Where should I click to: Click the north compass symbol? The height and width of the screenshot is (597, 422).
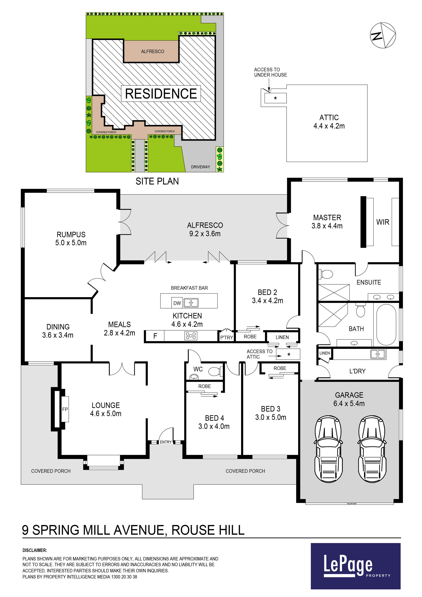pyautogui.click(x=383, y=35)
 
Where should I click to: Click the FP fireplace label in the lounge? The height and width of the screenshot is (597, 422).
pyautogui.click(x=65, y=409)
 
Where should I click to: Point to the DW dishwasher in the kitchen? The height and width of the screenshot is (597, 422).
pyautogui.click(x=177, y=303)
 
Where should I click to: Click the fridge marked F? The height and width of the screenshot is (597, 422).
pyautogui.click(x=155, y=336)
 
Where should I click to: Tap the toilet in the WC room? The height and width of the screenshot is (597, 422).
pyautogui.click(x=215, y=371)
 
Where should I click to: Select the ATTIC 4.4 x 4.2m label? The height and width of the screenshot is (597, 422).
pyautogui.click(x=329, y=122)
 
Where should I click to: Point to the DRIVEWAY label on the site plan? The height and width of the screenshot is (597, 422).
pyautogui.click(x=200, y=167)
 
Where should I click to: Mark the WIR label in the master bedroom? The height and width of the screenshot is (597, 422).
pyautogui.click(x=383, y=222)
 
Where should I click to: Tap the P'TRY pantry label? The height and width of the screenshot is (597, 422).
pyautogui.click(x=226, y=337)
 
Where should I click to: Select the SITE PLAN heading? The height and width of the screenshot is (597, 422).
pyautogui.click(x=157, y=181)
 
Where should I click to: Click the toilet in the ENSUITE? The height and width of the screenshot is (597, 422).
pyautogui.click(x=326, y=274)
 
